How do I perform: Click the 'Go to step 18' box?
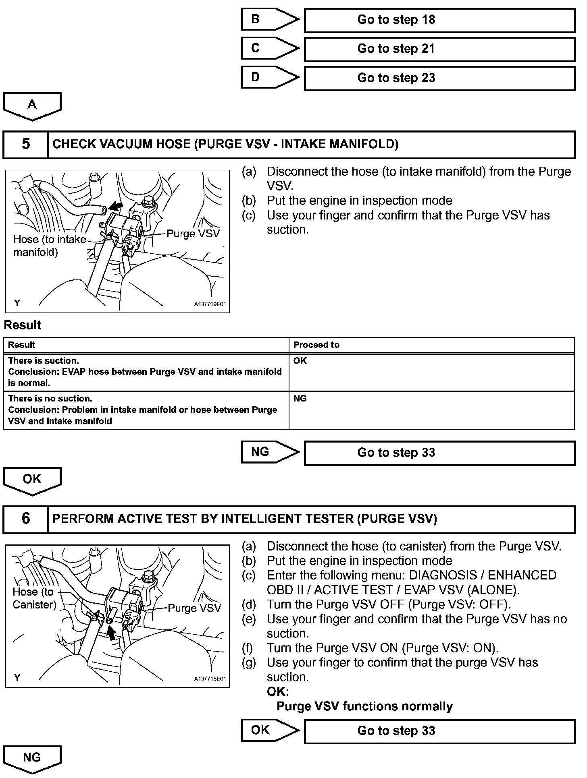click(439, 20)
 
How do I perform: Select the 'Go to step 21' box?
click(439, 49)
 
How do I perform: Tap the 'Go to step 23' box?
click(439, 78)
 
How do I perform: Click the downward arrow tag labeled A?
click(32, 106)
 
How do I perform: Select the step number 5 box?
click(25, 144)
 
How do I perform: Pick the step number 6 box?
click(25, 519)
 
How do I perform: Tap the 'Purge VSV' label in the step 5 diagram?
click(193, 234)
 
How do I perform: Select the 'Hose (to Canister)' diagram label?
click(34, 598)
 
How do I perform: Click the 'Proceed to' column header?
click(316, 345)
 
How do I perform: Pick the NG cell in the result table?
click(300, 399)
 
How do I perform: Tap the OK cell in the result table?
click(300, 361)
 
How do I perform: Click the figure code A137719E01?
click(210, 304)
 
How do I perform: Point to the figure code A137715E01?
click(210, 679)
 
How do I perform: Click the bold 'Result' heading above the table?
click(23, 325)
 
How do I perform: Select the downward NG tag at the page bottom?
click(32, 758)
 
